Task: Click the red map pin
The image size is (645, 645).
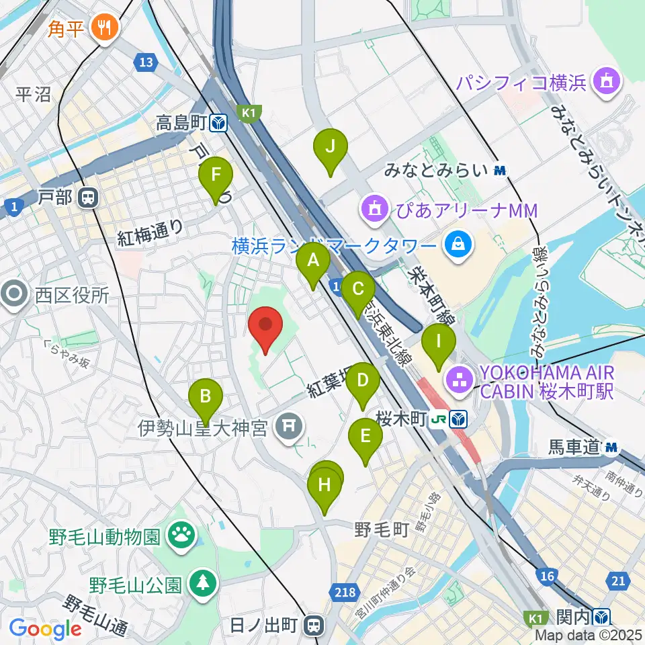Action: click(265, 327)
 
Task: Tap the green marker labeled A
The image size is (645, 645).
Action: click(313, 261)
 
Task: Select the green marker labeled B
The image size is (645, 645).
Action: click(206, 397)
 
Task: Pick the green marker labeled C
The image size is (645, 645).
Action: click(358, 290)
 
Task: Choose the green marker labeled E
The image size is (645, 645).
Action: click(365, 437)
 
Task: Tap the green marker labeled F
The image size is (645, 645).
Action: click(216, 176)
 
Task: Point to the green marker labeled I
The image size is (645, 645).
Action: click(439, 342)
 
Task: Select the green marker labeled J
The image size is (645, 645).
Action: click(330, 147)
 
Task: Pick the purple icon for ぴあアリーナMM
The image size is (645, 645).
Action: click(374, 210)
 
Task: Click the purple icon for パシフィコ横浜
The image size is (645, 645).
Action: click(607, 83)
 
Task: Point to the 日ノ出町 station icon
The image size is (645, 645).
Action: click(313, 626)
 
